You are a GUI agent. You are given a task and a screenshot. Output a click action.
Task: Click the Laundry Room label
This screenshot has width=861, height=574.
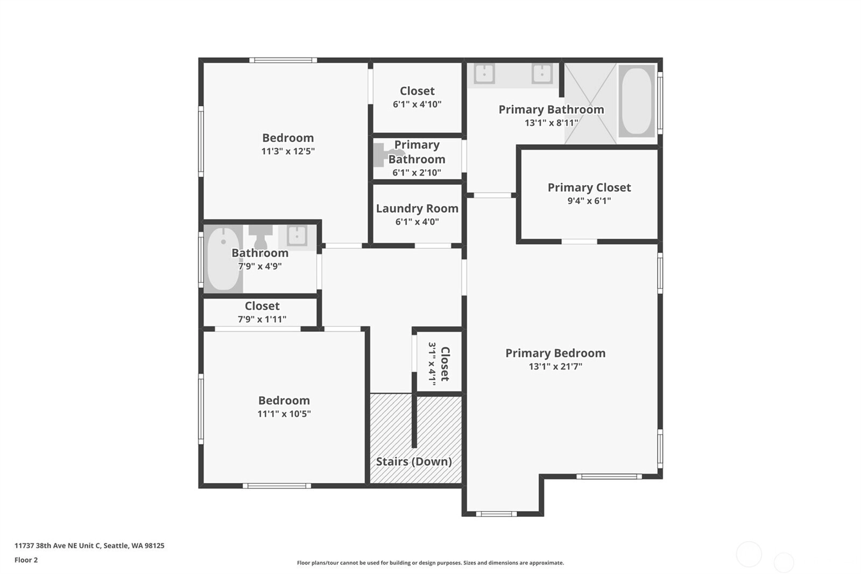click(x=417, y=208)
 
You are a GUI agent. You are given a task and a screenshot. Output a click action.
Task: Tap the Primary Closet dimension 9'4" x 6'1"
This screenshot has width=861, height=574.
click(x=589, y=201)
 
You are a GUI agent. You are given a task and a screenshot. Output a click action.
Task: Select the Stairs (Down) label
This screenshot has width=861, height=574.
click(x=414, y=461)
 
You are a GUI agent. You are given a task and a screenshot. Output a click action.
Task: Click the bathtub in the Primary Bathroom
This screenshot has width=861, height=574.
click(x=637, y=101)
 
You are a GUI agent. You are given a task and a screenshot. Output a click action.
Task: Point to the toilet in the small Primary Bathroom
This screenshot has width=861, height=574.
click(x=383, y=155)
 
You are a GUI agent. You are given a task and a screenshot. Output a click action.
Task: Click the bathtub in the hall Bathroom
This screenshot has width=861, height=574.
click(x=223, y=258)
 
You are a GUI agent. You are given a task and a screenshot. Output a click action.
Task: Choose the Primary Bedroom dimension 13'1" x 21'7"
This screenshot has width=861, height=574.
click(x=555, y=366)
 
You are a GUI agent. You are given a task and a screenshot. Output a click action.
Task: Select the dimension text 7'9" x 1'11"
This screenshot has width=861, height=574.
click(x=262, y=319)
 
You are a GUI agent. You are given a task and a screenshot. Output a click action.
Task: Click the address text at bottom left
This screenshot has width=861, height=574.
click(x=89, y=545)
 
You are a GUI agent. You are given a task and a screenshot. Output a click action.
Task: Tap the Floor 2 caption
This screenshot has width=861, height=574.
click(x=26, y=560)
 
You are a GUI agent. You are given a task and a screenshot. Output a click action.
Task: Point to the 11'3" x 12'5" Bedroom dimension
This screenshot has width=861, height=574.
click(x=288, y=151)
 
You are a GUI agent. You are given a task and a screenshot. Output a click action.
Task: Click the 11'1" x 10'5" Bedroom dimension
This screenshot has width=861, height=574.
click(x=284, y=414)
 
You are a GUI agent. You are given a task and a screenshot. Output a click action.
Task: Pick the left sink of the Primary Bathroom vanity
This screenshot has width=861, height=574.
click(x=484, y=73)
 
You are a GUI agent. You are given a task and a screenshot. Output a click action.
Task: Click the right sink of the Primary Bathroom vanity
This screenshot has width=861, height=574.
click(x=542, y=73)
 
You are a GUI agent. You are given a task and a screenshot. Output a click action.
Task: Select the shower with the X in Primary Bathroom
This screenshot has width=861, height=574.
click(x=590, y=103)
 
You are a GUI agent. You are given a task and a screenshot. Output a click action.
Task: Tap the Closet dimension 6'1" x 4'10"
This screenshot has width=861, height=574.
click(x=417, y=104)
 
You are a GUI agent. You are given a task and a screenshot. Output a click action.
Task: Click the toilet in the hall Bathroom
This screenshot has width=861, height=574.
click(x=260, y=237)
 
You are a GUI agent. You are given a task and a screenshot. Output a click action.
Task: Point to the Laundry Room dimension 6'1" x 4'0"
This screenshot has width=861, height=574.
click(x=417, y=222)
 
